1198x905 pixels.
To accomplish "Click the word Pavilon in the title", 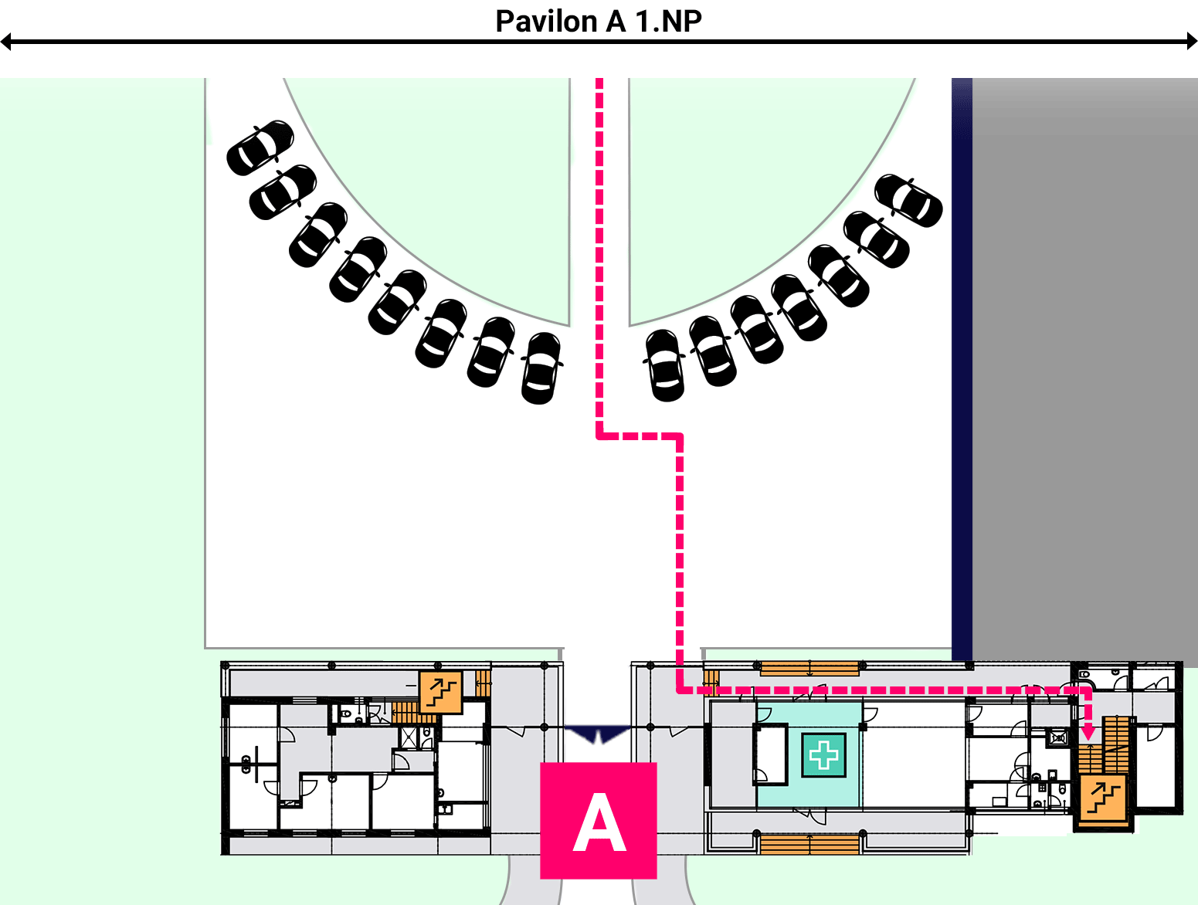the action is click(x=546, y=22).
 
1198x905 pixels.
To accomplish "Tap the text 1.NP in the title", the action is click(x=668, y=22).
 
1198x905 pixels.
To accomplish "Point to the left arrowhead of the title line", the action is click(x=6, y=42).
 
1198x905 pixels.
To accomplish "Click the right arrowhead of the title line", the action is click(x=1192, y=42).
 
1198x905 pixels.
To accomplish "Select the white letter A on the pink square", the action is click(x=599, y=822).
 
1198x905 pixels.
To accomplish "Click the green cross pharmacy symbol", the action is click(x=823, y=755).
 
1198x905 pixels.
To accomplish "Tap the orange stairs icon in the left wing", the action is click(x=440, y=692).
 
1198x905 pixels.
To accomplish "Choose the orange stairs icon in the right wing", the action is click(x=1104, y=797).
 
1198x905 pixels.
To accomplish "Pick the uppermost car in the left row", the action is click(x=260, y=147).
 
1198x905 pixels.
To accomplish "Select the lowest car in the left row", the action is click(x=541, y=368).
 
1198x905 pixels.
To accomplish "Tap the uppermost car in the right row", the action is click(x=908, y=200).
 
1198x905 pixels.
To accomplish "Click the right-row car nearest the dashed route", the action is click(x=664, y=365).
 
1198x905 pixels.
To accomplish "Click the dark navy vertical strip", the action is click(x=962, y=369).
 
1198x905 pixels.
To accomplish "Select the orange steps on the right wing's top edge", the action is click(x=809, y=668).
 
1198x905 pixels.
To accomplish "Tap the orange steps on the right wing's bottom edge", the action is click(x=809, y=845).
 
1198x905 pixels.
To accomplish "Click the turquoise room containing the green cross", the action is click(x=809, y=755).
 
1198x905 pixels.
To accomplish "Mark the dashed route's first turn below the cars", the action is click(x=599, y=436).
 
